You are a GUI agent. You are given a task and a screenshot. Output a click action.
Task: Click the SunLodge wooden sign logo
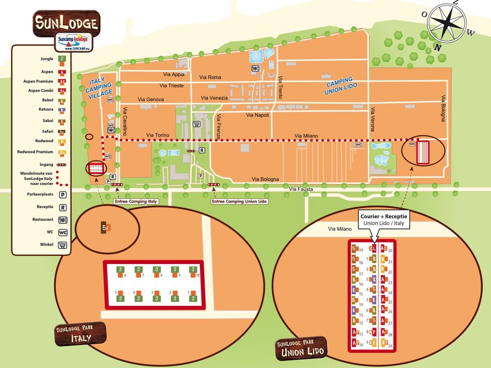[66, 23]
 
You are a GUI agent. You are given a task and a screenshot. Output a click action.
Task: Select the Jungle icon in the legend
[61, 59]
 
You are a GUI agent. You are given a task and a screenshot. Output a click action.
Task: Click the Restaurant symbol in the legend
[62, 220]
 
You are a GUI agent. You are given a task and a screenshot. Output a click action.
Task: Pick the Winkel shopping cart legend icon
[62, 245]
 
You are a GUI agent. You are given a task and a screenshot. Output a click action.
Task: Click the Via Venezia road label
[214, 98]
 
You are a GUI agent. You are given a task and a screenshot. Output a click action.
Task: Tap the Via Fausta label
[301, 189]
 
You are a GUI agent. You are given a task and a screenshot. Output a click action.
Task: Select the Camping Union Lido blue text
[339, 86]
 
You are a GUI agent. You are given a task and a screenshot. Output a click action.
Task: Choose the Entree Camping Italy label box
[136, 202]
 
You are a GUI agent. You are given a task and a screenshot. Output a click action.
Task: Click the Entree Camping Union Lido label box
[239, 202]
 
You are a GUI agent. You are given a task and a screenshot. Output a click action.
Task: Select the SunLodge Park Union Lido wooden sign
[302, 348]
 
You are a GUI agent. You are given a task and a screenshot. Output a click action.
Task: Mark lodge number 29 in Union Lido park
[384, 343]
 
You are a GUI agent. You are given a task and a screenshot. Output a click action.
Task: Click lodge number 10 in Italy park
[193, 271]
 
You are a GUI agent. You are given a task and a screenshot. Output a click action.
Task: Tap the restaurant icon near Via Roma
[256, 69]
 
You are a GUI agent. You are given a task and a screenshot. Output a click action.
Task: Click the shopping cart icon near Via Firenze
[196, 124]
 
